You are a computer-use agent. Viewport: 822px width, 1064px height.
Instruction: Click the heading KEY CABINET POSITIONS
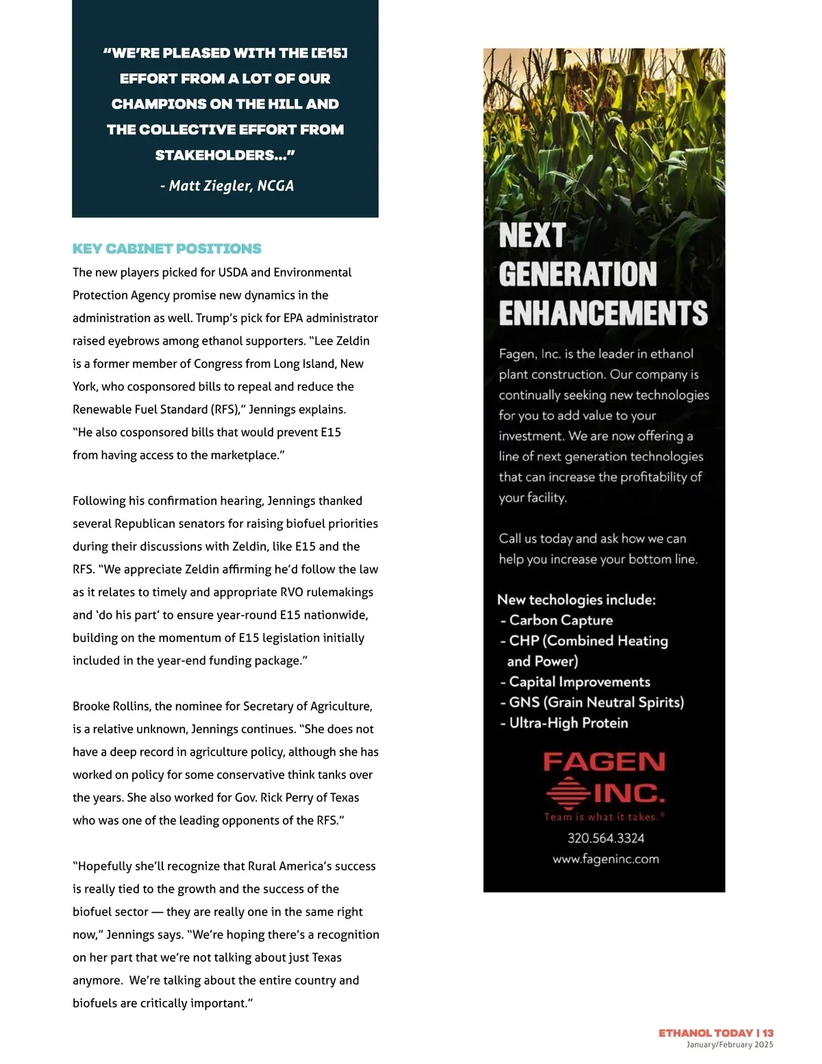point(167,249)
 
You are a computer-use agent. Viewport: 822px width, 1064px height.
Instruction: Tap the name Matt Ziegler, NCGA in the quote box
point(227,186)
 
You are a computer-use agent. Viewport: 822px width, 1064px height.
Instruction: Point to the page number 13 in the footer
point(768,1032)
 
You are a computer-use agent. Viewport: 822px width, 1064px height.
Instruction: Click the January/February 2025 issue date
point(730,1045)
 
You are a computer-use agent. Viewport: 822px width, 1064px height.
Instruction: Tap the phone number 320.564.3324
point(606,838)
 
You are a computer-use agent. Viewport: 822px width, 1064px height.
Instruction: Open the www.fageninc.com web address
point(606,858)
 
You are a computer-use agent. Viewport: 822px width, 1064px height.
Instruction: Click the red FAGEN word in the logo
point(604,762)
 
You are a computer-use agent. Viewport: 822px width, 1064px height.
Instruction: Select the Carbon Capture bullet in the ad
point(560,620)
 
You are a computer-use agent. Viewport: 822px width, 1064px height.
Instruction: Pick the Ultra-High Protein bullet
point(568,723)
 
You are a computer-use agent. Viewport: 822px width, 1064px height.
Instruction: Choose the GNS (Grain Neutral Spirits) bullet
point(595,702)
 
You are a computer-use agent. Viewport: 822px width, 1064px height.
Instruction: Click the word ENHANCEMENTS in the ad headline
point(603,313)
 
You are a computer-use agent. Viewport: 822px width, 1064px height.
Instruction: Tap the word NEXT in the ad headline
point(532,236)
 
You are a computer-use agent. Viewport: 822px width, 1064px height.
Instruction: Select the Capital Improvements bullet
point(579,682)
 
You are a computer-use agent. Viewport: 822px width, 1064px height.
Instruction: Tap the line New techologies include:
point(576,599)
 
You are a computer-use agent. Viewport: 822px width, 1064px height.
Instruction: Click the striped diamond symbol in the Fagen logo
point(568,793)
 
